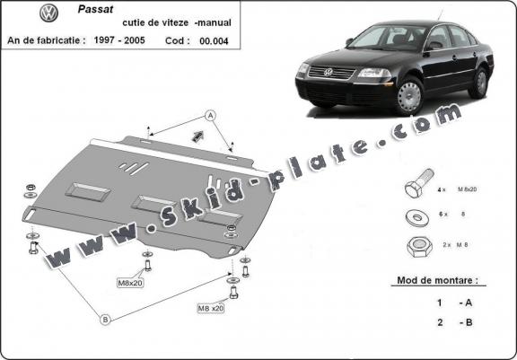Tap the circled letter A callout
(210, 116)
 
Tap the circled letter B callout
(104, 319)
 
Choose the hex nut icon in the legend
(416, 245)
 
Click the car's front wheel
(410, 94)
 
